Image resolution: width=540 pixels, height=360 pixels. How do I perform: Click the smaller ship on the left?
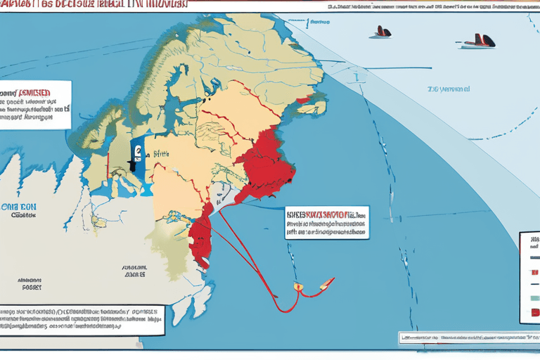(381, 32)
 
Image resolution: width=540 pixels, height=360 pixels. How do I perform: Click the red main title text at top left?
(95, 5)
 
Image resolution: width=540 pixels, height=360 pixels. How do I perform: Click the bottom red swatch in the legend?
(536, 311)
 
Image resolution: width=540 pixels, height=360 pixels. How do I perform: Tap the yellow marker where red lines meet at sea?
(297, 286)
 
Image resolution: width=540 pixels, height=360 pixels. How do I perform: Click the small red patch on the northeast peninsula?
(303, 101)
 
